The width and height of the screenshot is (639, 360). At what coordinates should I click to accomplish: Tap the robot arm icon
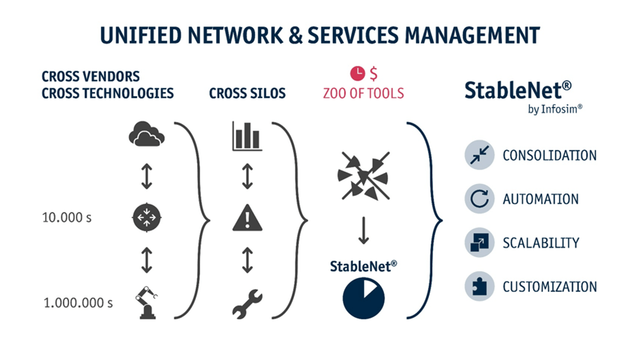146,303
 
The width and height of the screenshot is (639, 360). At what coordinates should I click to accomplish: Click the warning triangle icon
247,218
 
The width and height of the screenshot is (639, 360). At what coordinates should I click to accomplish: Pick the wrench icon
247,303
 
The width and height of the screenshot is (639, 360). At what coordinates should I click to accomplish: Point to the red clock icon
357,73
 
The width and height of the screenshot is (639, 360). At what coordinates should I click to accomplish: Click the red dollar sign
373,73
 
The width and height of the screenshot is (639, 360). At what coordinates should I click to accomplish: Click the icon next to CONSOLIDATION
479,155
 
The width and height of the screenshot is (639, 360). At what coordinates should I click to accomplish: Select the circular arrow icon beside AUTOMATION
479,199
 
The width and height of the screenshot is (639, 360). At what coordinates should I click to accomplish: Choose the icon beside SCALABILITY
479,243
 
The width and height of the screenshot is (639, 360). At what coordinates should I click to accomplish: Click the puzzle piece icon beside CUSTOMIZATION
479,287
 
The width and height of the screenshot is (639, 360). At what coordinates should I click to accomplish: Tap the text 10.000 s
67,217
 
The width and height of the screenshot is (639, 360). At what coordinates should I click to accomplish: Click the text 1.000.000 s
78,303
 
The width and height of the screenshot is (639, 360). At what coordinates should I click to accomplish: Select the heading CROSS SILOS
247,94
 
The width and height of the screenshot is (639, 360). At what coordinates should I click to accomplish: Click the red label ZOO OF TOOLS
363,93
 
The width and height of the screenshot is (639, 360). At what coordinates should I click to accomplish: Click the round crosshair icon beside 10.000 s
146,218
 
